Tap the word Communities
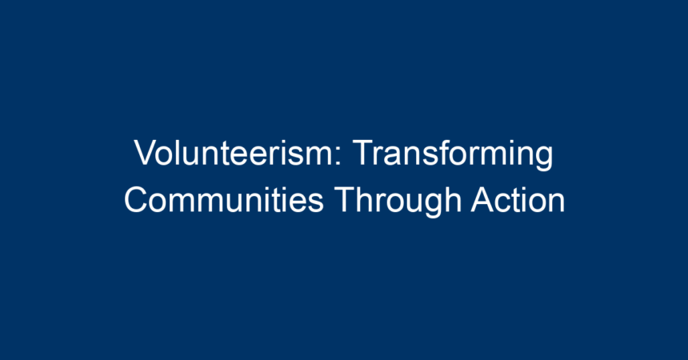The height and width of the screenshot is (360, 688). [224, 200]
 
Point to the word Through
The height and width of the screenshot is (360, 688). [398, 202]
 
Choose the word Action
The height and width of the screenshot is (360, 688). [518, 200]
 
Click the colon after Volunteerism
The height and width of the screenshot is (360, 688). [338, 156]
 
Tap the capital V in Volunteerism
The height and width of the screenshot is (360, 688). [147, 152]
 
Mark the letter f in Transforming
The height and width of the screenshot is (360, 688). [442, 152]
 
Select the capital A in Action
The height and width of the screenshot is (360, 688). [484, 199]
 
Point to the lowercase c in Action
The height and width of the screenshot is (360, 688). [507, 203]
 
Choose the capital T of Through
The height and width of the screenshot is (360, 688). [346, 199]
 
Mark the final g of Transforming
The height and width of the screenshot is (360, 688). [544, 159]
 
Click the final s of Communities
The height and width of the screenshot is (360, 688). [315, 203]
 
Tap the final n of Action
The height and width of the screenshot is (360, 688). [556, 203]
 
